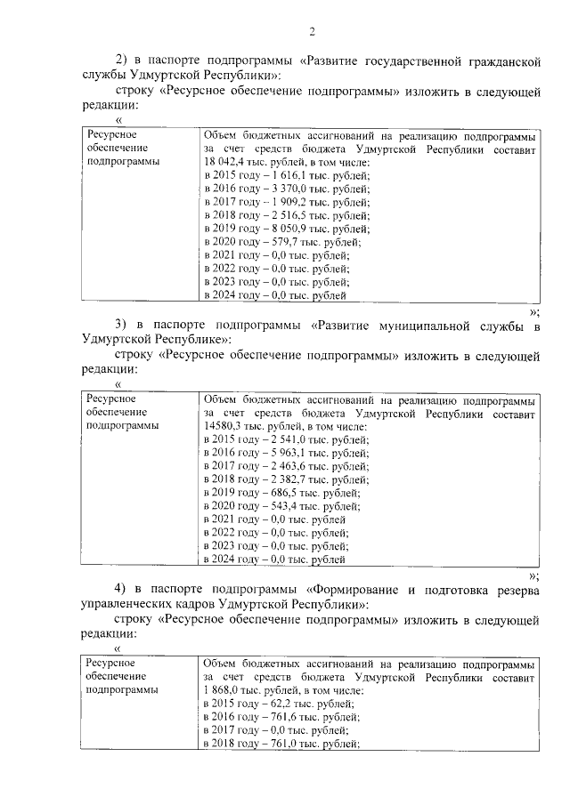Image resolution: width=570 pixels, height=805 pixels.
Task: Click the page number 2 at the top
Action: [x=313, y=33]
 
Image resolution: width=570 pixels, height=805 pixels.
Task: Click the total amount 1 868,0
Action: [x=221, y=690]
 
